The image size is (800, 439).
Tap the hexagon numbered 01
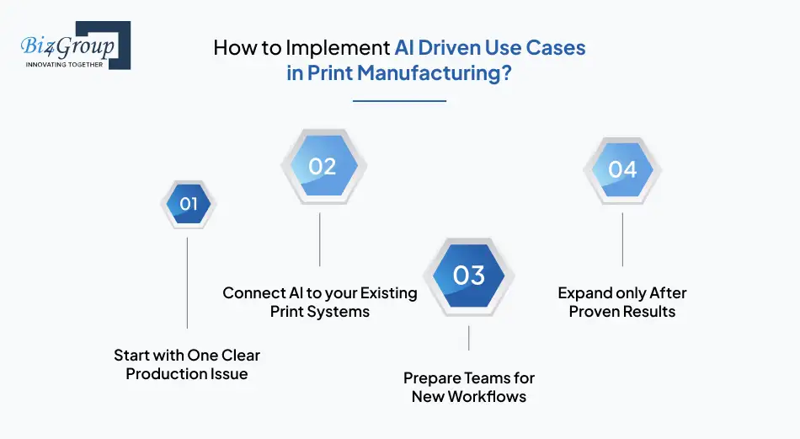click(x=188, y=204)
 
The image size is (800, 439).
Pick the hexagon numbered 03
click(x=468, y=275)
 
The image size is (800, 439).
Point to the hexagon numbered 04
click(x=622, y=169)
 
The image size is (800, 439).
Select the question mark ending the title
click(x=506, y=72)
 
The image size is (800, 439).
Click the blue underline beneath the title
click(x=399, y=101)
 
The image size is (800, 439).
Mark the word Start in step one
click(x=131, y=356)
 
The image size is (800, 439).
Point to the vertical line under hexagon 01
click(x=187, y=282)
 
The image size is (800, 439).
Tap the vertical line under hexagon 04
click(x=622, y=240)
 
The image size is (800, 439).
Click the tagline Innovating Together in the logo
click(x=64, y=64)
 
